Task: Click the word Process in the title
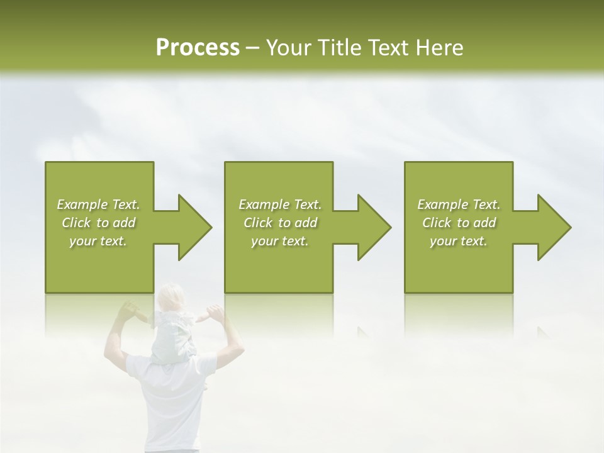point(198,47)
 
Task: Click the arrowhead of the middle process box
point(374,227)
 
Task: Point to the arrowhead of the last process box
point(554,227)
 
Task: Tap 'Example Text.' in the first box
point(98,204)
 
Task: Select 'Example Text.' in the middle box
point(279,204)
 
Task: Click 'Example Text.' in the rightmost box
point(459,204)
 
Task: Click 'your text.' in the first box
point(98,241)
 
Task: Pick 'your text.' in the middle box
point(279,241)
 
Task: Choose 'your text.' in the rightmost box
point(459,241)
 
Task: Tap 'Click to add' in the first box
point(98,223)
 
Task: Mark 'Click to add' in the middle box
point(279,223)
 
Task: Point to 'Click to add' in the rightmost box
point(459,223)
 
